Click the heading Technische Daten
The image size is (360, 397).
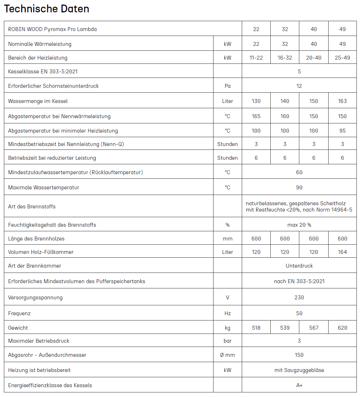click(47, 9)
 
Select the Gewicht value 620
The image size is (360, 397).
click(342, 328)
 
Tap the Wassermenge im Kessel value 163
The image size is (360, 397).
click(342, 101)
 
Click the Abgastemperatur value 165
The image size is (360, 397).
click(256, 116)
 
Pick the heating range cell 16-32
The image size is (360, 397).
click(285, 57)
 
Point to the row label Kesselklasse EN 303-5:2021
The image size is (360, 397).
click(43, 71)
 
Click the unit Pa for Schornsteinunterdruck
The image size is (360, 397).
click(228, 86)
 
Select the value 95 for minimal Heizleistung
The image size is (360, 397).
click(342, 130)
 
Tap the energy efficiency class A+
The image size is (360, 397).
click(299, 385)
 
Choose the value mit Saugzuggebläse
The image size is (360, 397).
click(299, 370)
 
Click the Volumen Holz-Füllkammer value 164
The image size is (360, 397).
click(342, 252)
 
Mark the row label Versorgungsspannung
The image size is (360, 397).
click(35, 297)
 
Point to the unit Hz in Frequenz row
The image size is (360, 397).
click(228, 313)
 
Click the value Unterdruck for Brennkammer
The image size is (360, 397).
click(299, 265)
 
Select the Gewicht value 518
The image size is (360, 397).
click(256, 328)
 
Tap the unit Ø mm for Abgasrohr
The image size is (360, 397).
click(228, 355)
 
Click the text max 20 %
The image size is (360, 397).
click(299, 225)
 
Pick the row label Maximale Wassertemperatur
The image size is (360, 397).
click(43, 187)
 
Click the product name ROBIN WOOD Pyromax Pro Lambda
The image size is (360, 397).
click(52, 29)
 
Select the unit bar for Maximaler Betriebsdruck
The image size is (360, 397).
click(228, 341)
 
